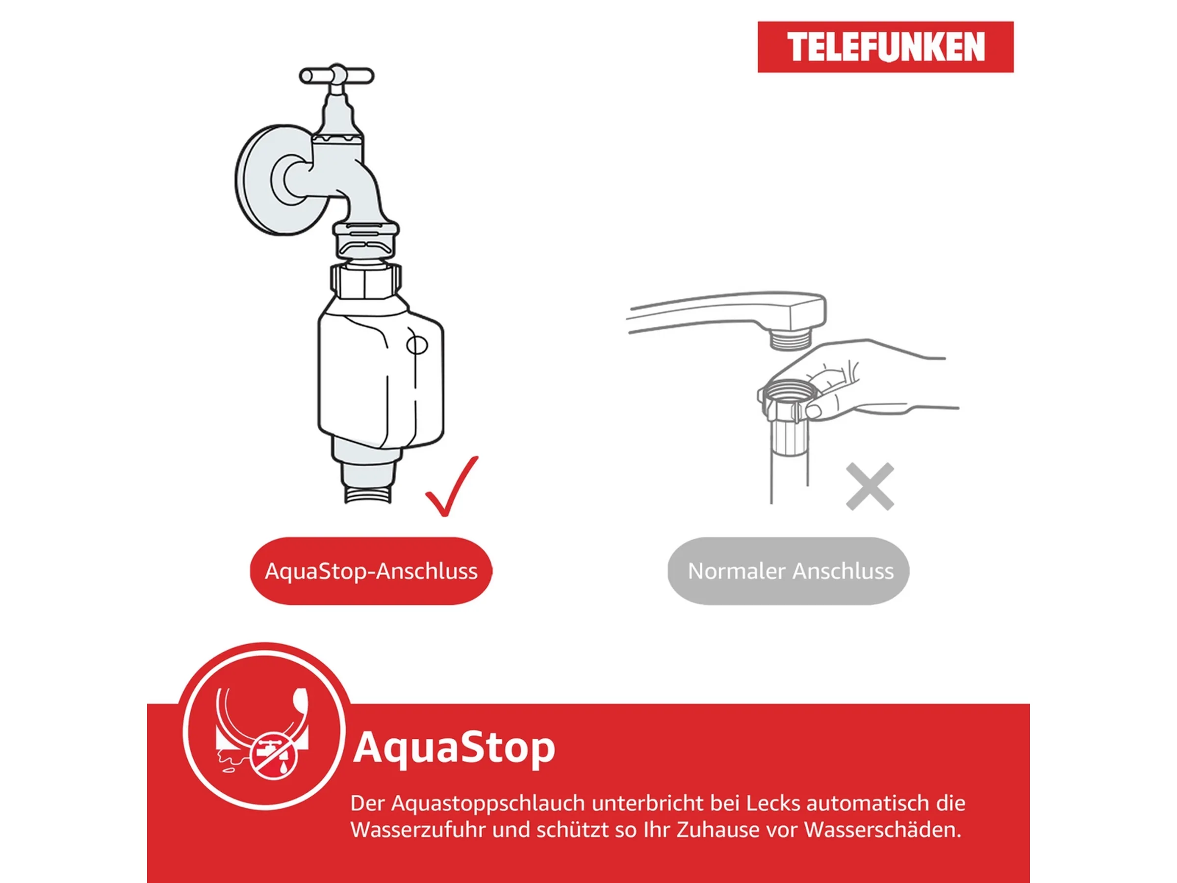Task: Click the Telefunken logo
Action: pos(885,47)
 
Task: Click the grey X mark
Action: pos(870,487)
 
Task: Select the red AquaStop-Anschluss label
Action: pos(371,571)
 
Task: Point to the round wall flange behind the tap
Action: pos(261,181)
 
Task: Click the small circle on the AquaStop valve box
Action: pos(417,345)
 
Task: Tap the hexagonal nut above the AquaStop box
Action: pos(365,281)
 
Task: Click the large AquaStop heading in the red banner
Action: pos(454,748)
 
